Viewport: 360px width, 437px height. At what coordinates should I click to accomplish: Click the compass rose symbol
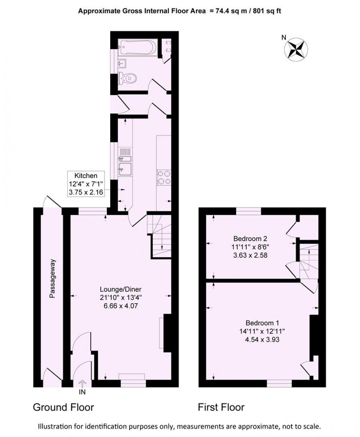[296, 49]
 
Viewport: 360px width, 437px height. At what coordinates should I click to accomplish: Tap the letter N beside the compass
[284, 37]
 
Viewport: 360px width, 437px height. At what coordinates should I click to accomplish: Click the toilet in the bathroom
[127, 78]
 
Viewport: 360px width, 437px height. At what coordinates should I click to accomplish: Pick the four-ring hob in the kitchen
[164, 178]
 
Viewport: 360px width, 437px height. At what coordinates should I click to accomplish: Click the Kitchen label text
[86, 175]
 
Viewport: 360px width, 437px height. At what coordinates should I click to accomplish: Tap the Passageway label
[52, 278]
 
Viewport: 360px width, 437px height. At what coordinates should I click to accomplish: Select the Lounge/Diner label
[121, 289]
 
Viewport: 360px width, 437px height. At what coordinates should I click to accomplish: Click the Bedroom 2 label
[250, 238]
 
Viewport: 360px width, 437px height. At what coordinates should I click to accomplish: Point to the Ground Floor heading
[63, 407]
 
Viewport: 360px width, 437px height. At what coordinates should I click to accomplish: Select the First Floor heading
[221, 407]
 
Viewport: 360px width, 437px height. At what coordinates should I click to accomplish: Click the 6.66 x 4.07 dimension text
[121, 306]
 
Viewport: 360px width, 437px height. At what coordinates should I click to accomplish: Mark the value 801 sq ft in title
[267, 11]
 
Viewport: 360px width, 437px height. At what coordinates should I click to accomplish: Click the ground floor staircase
[159, 236]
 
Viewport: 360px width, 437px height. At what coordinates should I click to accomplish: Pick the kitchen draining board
[125, 151]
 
